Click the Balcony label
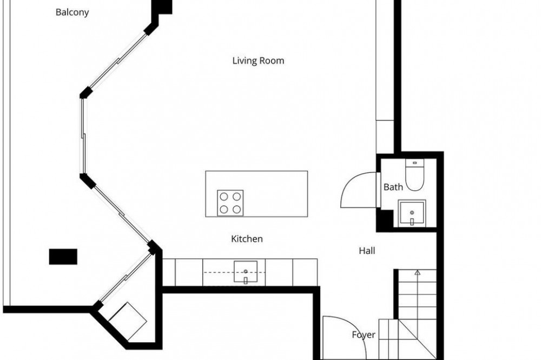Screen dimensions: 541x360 (72, 12)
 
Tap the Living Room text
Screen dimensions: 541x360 (258, 61)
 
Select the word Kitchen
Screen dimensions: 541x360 (247, 238)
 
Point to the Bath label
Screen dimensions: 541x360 (393, 187)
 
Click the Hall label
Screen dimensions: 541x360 (367, 251)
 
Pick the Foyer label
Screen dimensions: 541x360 (364, 335)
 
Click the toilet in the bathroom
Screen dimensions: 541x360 (414, 176)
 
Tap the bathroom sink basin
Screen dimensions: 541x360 (412, 213)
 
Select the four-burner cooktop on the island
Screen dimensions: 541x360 (230, 203)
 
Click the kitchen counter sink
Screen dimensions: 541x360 (245, 272)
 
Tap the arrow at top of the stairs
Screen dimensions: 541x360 (418, 272)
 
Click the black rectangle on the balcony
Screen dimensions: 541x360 (63, 257)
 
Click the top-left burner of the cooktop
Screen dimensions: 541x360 (224, 197)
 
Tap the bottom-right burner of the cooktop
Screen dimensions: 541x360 (236, 209)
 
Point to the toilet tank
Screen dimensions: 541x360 (414, 163)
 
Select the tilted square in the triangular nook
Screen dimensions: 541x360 (128, 322)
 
